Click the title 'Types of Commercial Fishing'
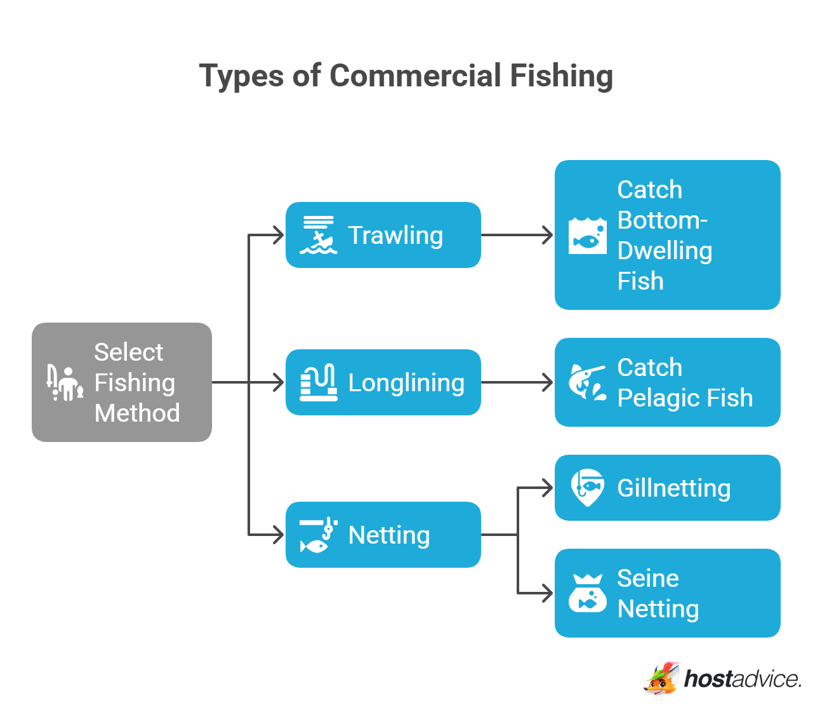tap(406, 76)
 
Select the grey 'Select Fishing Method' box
tap(122, 382)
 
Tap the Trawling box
tap(383, 235)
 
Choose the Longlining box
tap(383, 382)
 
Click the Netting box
tap(383, 535)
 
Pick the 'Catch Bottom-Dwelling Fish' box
tap(667, 235)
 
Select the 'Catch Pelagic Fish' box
tap(667, 382)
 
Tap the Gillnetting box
tap(667, 488)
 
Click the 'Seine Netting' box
tap(667, 593)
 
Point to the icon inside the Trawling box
tap(318, 235)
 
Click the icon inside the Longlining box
tap(318, 382)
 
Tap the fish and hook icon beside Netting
tap(318, 535)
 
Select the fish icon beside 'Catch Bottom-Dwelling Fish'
tap(587, 236)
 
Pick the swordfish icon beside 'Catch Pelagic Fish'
tap(587, 382)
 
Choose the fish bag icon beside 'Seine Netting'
tap(587, 593)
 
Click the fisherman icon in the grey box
tap(65, 383)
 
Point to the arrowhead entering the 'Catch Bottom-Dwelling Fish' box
tap(547, 235)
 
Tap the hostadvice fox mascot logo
tap(662, 679)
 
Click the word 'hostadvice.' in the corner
tap(743, 679)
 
